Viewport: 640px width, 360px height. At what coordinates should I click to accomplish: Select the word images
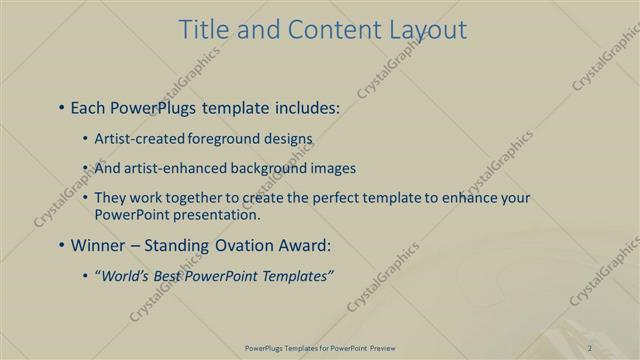[330, 168]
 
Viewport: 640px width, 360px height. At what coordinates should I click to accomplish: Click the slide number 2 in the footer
[590, 347]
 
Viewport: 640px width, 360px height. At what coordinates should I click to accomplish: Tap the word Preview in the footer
[379, 347]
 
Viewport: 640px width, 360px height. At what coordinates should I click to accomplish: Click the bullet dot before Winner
[62, 244]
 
